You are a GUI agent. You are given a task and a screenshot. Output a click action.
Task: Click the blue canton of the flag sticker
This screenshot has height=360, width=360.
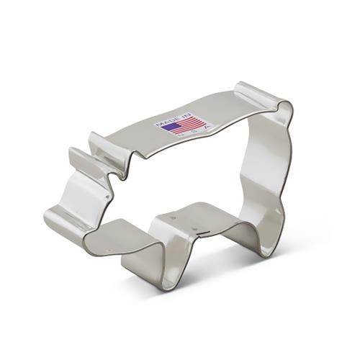[168, 126]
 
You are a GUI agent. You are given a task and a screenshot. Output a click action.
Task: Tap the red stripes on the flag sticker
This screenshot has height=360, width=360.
[189, 125]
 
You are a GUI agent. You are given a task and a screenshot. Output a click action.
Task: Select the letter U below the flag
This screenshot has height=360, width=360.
[181, 135]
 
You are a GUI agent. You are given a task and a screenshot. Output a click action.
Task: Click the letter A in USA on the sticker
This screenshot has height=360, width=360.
[208, 126]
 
